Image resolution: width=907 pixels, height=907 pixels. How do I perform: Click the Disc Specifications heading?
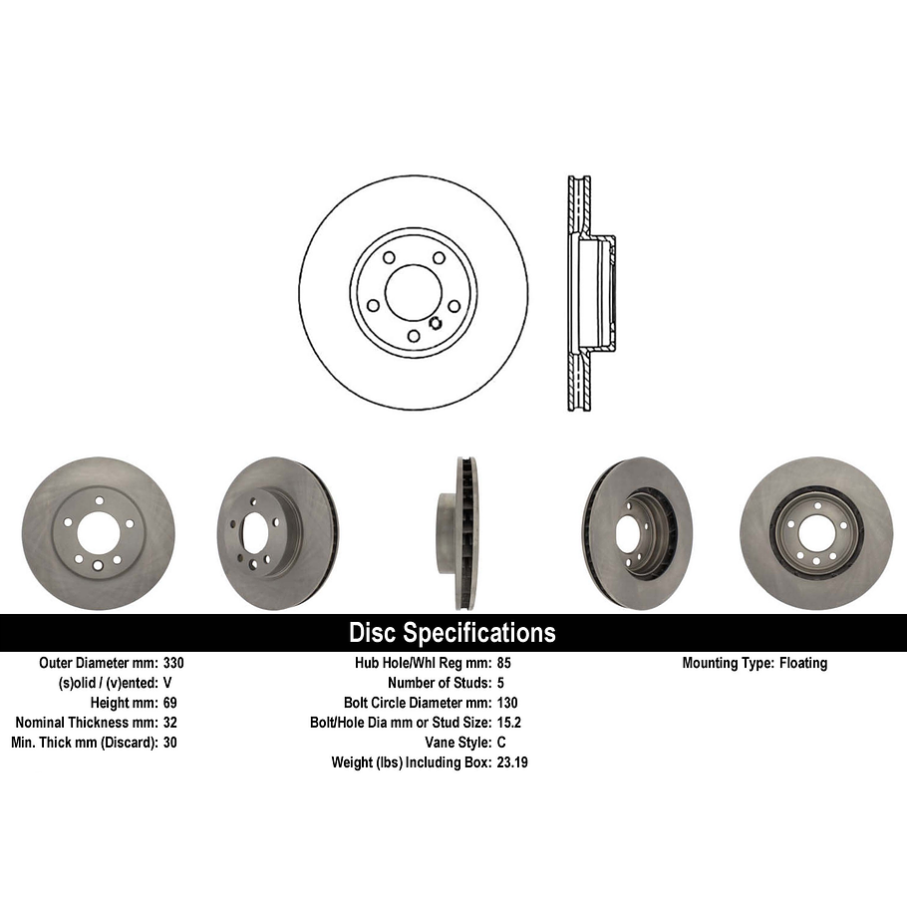[452, 633]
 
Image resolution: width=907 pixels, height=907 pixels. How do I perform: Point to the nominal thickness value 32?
[169, 723]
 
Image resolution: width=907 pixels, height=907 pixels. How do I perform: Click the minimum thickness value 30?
[169, 743]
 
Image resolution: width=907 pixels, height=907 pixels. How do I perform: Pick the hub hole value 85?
[503, 663]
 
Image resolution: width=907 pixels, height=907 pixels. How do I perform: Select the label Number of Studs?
[439, 683]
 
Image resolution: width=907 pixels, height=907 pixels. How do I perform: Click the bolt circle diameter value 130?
[506, 703]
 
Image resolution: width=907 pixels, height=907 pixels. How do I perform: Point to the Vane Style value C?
[500, 743]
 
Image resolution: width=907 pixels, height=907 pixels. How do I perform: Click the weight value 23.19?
[510, 762]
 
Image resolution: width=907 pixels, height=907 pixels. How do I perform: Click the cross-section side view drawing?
[586, 294]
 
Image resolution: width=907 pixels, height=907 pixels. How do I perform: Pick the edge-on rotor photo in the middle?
[459, 532]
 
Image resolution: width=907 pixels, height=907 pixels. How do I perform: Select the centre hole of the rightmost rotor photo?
[814, 537]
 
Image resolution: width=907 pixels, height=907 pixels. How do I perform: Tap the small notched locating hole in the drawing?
[435, 321]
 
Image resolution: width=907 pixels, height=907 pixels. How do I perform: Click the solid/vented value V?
[166, 683]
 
